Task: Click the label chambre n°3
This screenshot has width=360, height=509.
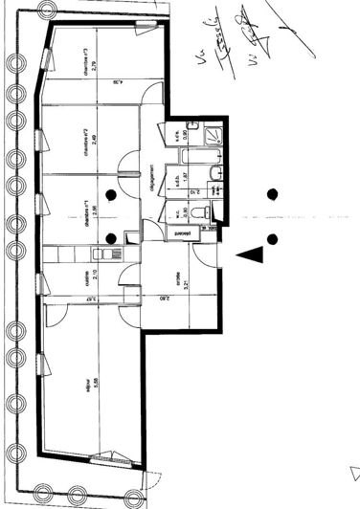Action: coord(85,60)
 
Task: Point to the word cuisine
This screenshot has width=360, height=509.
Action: coord(86,277)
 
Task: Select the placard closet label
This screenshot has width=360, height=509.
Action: coord(179,232)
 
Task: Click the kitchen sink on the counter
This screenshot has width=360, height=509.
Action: coord(103,254)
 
